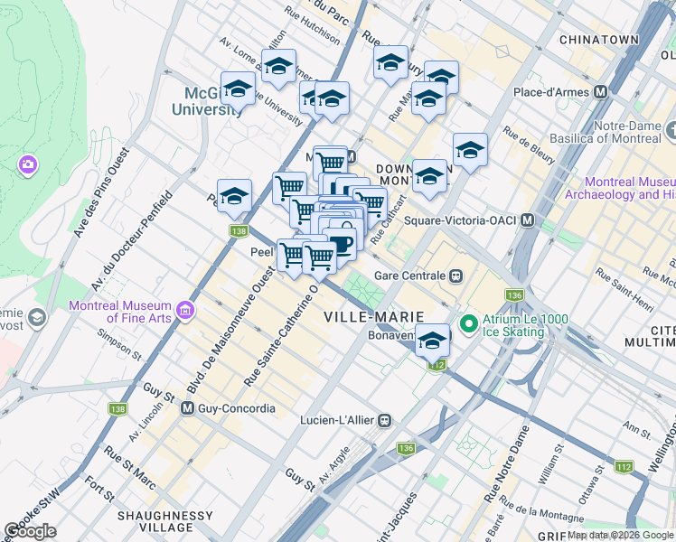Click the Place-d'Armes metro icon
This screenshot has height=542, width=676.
600,92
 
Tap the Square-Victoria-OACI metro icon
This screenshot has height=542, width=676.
526,220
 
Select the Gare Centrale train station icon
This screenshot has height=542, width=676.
457,276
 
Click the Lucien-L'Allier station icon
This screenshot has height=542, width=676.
385,420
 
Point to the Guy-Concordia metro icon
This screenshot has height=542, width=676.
188,408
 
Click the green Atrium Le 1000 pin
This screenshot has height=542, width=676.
468,322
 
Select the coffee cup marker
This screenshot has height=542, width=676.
340,243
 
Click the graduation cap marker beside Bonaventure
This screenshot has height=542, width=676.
433,341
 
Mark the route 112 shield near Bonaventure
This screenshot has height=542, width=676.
437,365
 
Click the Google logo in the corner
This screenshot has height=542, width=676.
31,531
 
